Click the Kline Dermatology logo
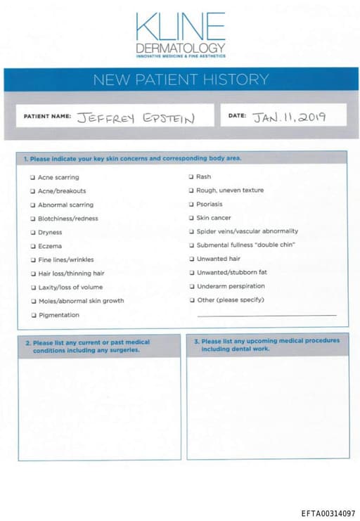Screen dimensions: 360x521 pyautogui.click(x=181, y=33)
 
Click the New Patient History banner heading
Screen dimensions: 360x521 pyautogui.click(x=181, y=79)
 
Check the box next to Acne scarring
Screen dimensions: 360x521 pyautogui.click(x=32, y=178)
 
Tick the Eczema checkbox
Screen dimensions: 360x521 pyautogui.click(x=32, y=246)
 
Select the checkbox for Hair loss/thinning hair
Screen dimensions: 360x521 pyautogui.click(x=32, y=274)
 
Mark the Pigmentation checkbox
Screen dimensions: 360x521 pyautogui.click(x=32, y=315)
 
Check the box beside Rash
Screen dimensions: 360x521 pyautogui.click(x=191, y=177)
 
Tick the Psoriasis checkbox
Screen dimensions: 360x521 pyautogui.click(x=191, y=205)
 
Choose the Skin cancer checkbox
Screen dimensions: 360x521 pyautogui.click(x=191, y=218)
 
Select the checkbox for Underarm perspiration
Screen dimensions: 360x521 pyautogui.click(x=191, y=286)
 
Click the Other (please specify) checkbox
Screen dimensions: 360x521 pyautogui.click(x=191, y=300)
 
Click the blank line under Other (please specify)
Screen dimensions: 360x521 pyautogui.click(x=266, y=316)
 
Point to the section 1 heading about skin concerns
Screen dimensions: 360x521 pyautogui.click(x=133, y=159)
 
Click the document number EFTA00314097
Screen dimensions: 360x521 pyautogui.click(x=328, y=514)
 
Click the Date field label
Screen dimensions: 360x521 pyautogui.click(x=237, y=115)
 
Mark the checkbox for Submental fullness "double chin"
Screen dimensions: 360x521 pyautogui.click(x=191, y=245)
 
